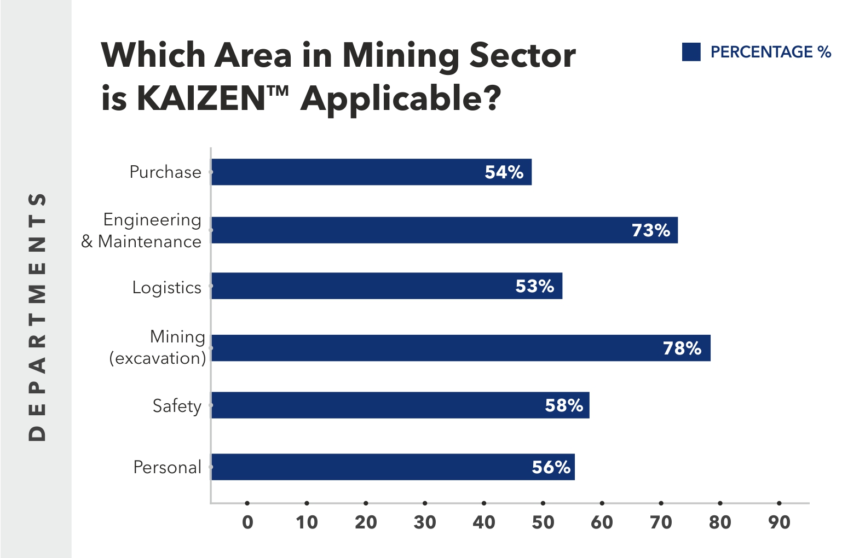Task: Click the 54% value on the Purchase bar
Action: point(504,172)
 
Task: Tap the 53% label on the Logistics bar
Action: point(534,286)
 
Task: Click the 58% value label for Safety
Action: point(564,405)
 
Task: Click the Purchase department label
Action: point(165,172)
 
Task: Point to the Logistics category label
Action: point(167,287)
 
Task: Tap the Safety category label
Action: point(177,406)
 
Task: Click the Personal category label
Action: point(168,467)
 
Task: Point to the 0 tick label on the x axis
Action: point(247,522)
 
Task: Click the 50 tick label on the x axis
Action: point(543,522)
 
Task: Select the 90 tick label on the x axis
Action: point(779,522)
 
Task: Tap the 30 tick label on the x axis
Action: point(425,522)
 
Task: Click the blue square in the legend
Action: point(691,52)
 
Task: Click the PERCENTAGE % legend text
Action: point(770,52)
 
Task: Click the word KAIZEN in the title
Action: point(201,99)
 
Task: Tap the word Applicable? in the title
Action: point(401,99)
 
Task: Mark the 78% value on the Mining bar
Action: point(682,348)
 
